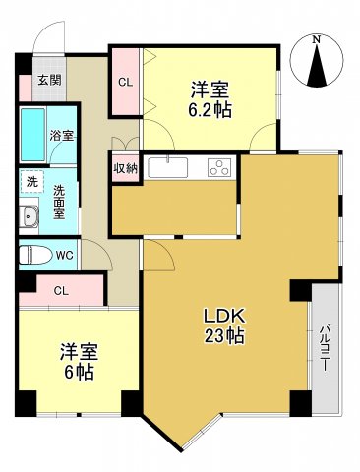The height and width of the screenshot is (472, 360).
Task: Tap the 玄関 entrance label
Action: tap(49, 81)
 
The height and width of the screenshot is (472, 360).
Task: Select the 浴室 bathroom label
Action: tap(62, 136)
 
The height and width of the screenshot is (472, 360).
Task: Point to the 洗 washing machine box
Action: tap(31, 182)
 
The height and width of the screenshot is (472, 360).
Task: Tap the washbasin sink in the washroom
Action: tap(29, 216)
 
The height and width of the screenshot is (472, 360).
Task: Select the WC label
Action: tap(65, 256)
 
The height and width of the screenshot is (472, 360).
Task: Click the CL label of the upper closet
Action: tap(126, 83)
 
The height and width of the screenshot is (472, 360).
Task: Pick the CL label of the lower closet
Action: tap(61, 290)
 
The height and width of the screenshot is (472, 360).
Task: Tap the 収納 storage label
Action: tap(125, 168)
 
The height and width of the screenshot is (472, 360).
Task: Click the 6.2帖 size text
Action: tap(211, 110)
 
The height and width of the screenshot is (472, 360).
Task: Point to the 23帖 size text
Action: tap(225, 336)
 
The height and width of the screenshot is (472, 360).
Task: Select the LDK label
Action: tap(224, 317)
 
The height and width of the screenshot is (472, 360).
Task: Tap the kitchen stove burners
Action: tap(218, 168)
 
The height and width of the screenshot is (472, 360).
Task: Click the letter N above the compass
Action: tap(316, 40)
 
